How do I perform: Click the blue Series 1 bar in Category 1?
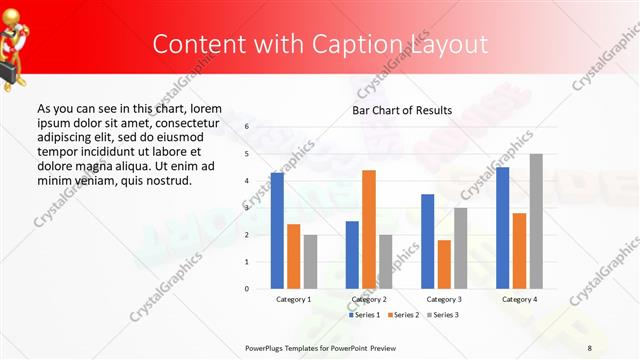[x=277, y=231]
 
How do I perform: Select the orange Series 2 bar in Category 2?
[x=369, y=229]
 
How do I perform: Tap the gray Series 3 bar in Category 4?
[x=536, y=221]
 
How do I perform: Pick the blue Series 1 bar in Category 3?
[x=427, y=241]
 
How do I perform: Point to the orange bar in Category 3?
[x=444, y=264]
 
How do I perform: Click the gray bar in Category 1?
[x=310, y=262]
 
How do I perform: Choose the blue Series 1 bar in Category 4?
[x=502, y=228]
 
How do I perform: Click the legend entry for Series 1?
[x=364, y=315]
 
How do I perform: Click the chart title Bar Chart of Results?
[x=401, y=110]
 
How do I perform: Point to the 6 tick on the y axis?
[x=246, y=127]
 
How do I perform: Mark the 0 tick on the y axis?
[x=246, y=289]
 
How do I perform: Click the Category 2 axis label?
[x=369, y=299]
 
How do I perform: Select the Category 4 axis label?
[x=519, y=299]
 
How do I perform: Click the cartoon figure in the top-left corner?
[x=20, y=35]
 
